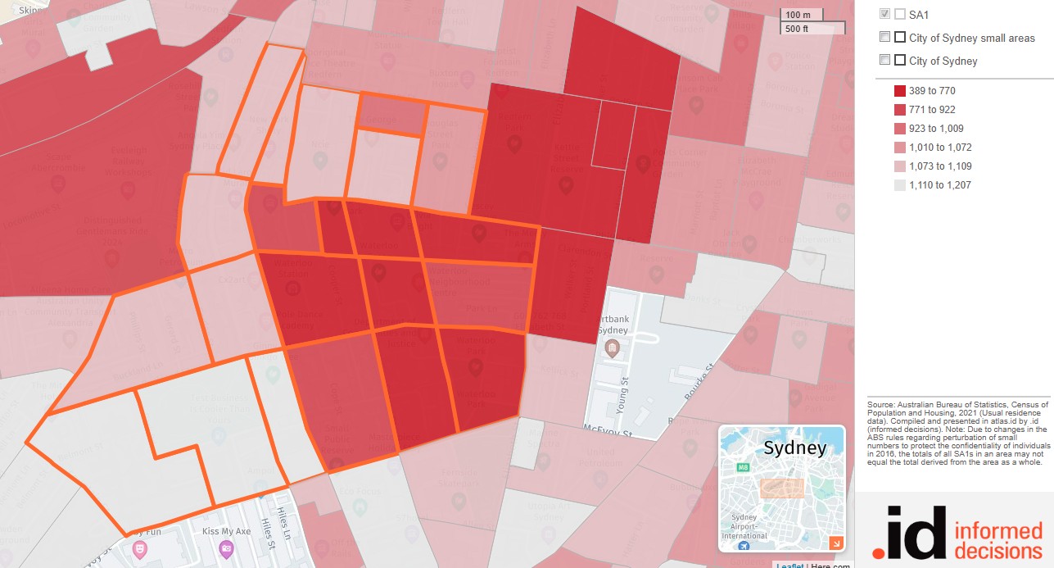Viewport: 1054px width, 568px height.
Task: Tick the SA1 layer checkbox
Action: [x=884, y=14]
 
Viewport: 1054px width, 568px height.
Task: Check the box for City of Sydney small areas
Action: [x=884, y=37]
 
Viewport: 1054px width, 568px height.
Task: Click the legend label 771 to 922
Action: [x=932, y=110]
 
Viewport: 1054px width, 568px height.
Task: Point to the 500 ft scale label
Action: [x=797, y=29]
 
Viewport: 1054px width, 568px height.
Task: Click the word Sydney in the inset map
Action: [x=794, y=448]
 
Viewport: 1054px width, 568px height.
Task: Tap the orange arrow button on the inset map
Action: [x=835, y=543]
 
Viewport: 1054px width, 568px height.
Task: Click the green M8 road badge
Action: [x=744, y=467]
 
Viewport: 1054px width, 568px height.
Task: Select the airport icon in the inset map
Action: [x=744, y=546]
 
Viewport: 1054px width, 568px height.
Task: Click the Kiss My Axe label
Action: [x=226, y=532]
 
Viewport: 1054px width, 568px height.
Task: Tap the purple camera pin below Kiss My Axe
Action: [x=226, y=549]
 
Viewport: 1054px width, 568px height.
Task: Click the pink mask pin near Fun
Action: [x=139, y=547]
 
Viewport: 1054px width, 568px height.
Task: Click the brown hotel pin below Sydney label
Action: [x=611, y=351]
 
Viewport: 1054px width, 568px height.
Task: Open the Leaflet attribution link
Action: [x=789, y=565]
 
